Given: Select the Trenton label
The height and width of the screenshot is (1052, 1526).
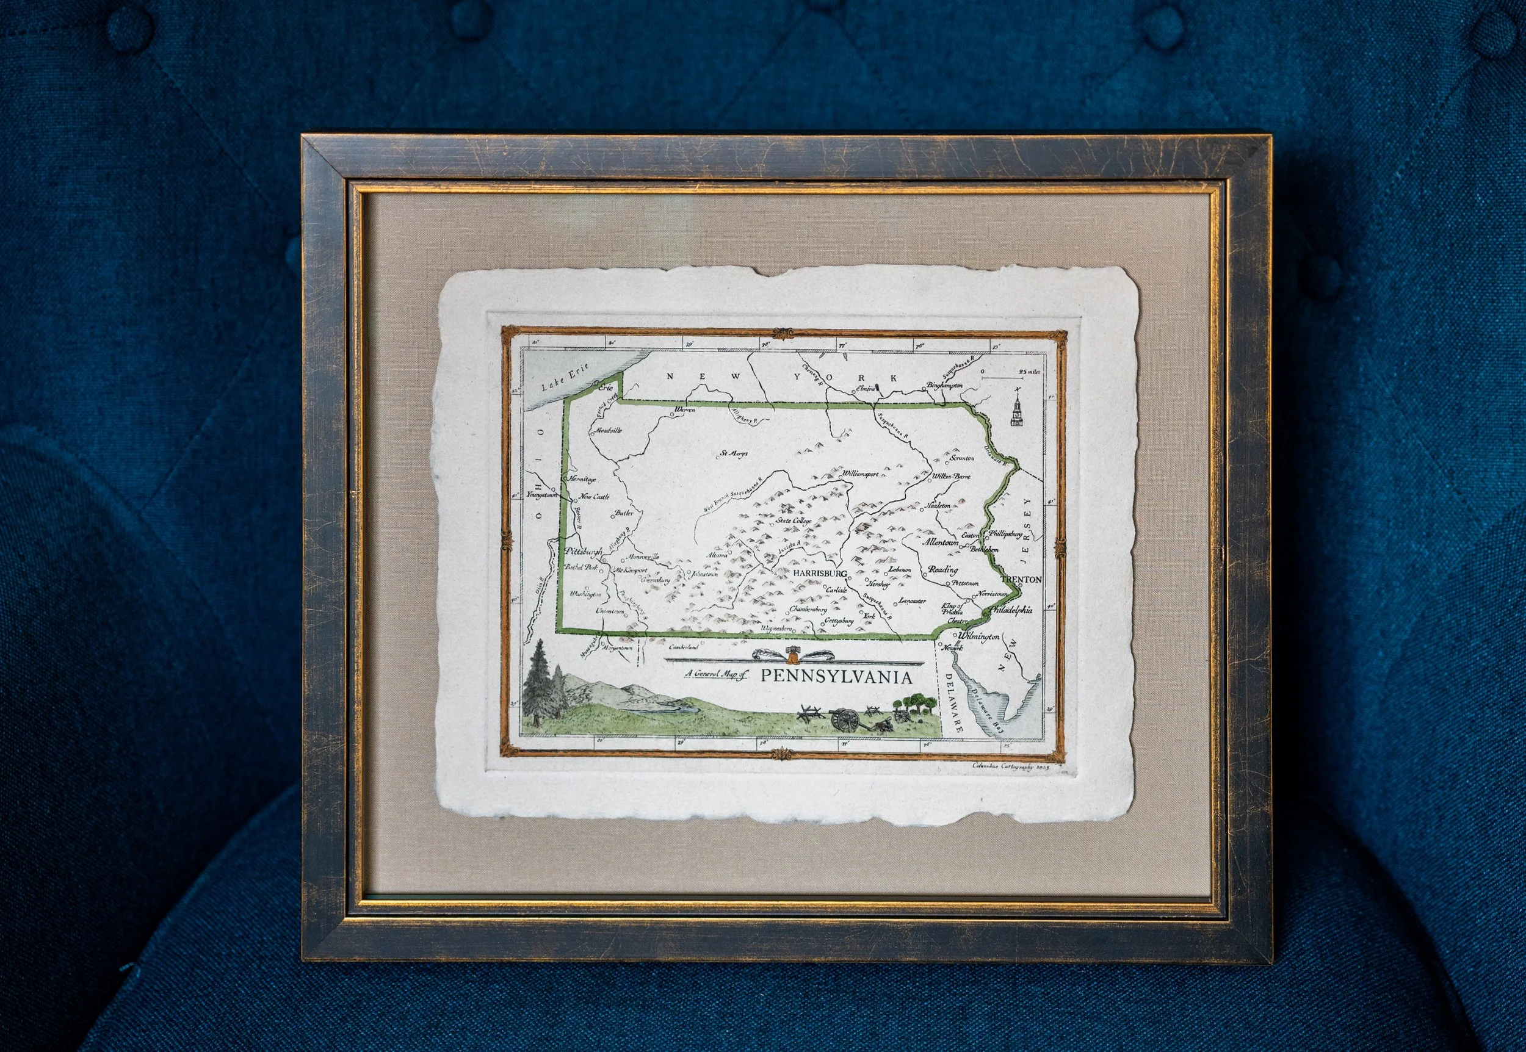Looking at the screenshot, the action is click(1021, 579).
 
